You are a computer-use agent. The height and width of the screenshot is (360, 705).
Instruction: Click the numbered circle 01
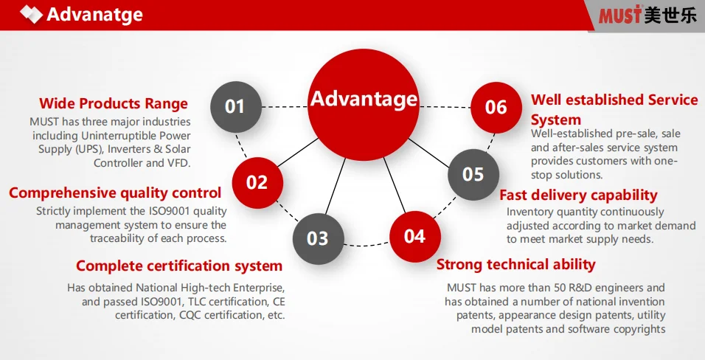click(235, 107)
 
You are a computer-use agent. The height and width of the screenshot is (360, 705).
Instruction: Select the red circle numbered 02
click(257, 183)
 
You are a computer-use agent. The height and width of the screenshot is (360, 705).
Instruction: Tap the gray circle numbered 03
click(319, 238)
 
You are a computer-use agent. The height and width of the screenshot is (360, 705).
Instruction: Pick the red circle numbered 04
click(415, 237)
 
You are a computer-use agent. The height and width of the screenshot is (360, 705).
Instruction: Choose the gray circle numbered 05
click(473, 175)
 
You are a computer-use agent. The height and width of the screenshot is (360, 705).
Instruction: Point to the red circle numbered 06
click(496, 108)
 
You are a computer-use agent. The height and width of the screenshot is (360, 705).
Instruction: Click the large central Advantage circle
click(364, 105)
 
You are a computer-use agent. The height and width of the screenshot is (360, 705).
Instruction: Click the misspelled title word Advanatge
click(95, 15)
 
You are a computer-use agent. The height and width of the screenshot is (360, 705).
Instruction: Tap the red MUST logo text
click(619, 15)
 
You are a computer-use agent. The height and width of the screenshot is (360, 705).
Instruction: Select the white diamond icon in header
click(31, 14)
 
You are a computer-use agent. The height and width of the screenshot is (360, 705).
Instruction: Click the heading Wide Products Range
click(114, 103)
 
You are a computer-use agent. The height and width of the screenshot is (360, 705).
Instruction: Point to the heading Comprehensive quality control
click(115, 193)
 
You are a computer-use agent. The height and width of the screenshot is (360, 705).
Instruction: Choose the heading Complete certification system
click(179, 266)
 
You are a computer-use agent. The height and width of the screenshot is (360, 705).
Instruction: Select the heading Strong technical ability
click(515, 264)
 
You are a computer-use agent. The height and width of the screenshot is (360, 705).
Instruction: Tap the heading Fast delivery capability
click(578, 195)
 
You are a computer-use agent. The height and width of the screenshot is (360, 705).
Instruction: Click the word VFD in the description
click(179, 163)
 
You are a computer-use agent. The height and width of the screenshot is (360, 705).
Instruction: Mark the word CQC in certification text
click(190, 315)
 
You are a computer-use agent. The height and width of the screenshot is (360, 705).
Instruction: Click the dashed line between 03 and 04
click(367, 245)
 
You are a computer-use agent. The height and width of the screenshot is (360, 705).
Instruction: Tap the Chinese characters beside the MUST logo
click(670, 15)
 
